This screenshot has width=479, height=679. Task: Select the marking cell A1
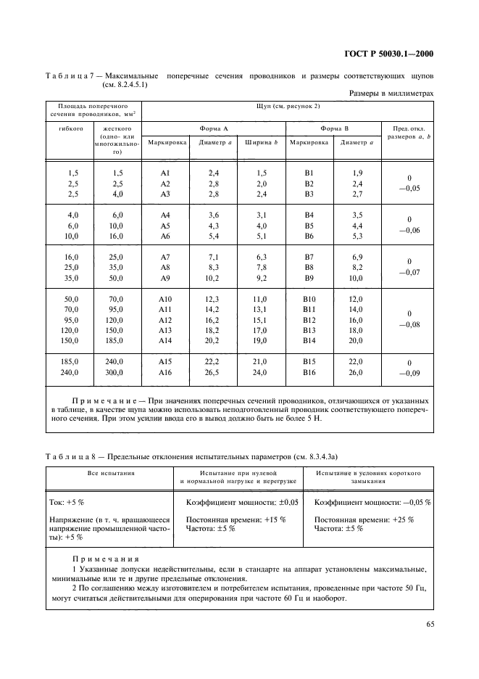click(x=164, y=173)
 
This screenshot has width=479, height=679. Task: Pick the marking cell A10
click(x=164, y=300)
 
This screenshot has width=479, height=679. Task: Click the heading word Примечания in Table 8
click(x=99, y=559)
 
